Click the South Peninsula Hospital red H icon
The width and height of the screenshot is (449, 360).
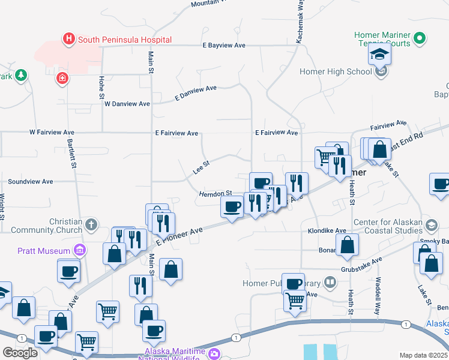(x=69, y=40)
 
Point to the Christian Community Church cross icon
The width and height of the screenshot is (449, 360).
(x=91, y=224)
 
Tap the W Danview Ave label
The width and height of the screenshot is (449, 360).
(x=127, y=104)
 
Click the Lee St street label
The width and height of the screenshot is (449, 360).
(x=200, y=167)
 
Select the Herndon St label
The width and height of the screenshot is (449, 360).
(x=215, y=193)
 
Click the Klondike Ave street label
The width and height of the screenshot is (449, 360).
(x=327, y=230)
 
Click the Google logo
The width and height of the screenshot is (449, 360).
(x=20, y=353)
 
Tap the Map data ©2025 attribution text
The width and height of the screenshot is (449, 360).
(x=423, y=355)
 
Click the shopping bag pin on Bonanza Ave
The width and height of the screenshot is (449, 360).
(x=348, y=245)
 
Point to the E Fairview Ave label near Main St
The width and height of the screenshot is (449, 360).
(x=176, y=133)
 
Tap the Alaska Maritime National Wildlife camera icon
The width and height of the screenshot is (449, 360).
(x=214, y=354)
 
